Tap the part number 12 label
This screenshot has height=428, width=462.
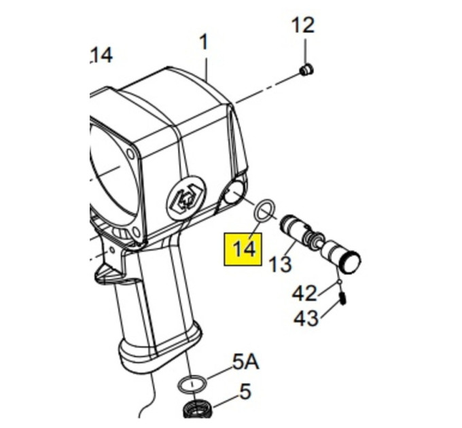[x=303, y=25]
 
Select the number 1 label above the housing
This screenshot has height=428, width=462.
[x=204, y=42]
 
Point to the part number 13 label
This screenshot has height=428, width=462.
[x=280, y=264]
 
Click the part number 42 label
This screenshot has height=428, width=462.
[x=304, y=293]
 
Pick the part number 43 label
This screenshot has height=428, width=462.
[x=306, y=318]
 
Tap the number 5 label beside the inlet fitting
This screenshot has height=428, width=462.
[x=245, y=391]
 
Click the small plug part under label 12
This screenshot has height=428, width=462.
[x=306, y=70]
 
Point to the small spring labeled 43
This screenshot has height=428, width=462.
[x=342, y=298]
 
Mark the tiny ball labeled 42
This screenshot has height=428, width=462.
[x=340, y=282]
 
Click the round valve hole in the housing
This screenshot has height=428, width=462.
[x=234, y=192]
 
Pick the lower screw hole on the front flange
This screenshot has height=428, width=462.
[x=136, y=232]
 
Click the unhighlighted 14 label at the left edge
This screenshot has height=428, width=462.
[x=101, y=56]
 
